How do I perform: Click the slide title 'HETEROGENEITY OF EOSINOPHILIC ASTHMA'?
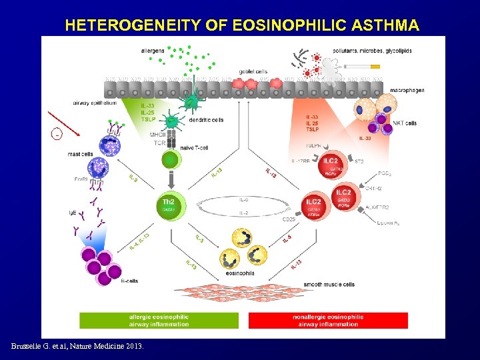[x=242, y=26]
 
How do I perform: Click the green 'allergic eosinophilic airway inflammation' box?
[x=159, y=321]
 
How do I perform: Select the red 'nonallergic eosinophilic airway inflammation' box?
[x=327, y=321]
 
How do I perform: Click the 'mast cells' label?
[x=80, y=154]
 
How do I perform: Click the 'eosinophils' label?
[x=239, y=273]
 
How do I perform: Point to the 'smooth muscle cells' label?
[x=329, y=284]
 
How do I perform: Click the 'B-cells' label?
[x=129, y=281]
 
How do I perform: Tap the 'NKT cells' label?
[x=404, y=123]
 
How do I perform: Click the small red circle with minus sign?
[x=57, y=134]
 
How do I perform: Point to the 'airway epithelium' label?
[x=95, y=103]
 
